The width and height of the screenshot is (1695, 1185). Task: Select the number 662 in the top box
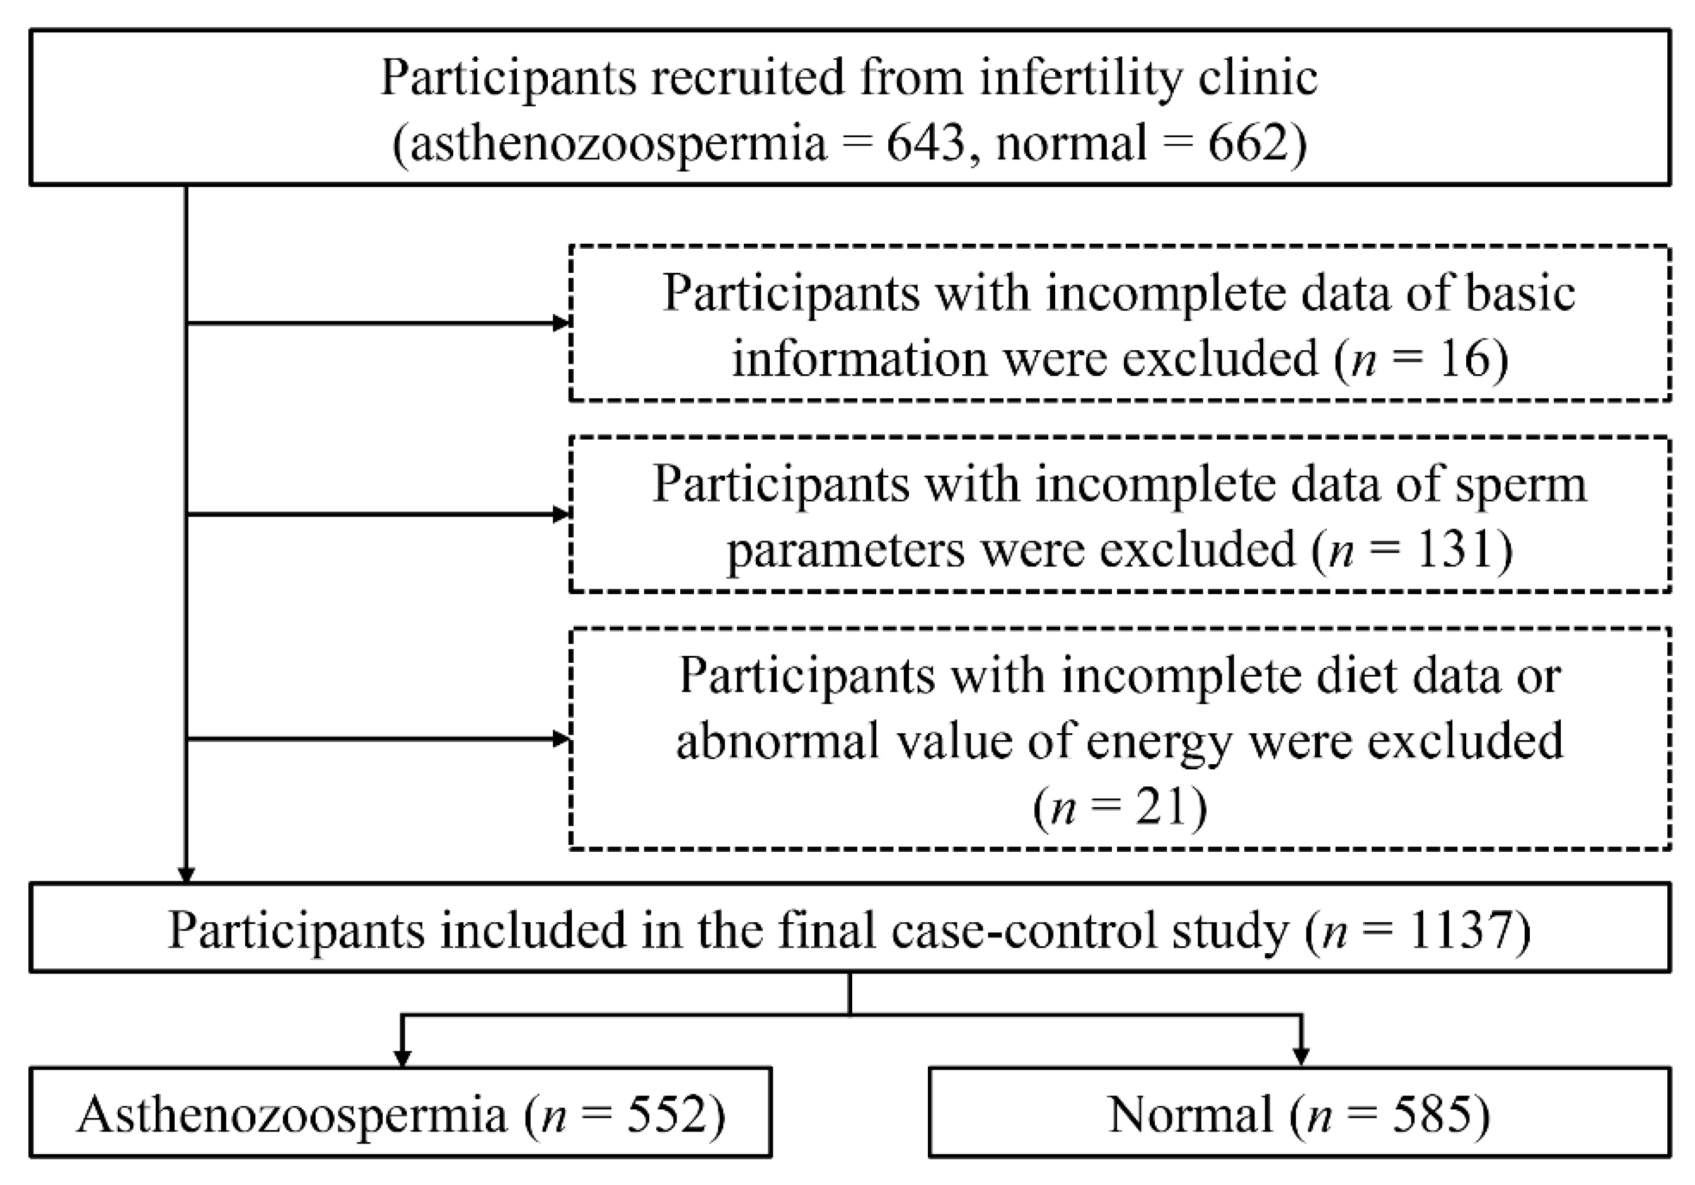1247,142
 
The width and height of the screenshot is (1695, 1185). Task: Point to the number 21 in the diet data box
1163,806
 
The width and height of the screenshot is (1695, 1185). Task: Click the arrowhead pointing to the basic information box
561,323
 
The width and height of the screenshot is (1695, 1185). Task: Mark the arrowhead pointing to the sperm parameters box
561,514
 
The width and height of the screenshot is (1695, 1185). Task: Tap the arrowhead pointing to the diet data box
561,738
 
